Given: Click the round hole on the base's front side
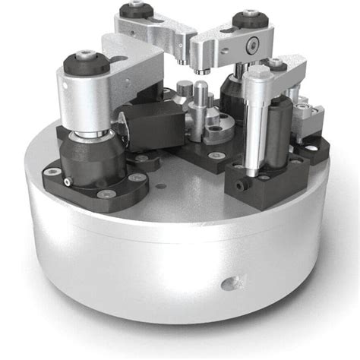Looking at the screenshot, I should coord(229,284).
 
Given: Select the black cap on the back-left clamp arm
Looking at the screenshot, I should coord(137,11).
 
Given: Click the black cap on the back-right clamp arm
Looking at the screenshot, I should coord(248,18).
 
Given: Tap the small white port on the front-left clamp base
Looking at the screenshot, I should coord(68,182).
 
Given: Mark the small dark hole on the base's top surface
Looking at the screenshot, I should coord(160,182).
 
